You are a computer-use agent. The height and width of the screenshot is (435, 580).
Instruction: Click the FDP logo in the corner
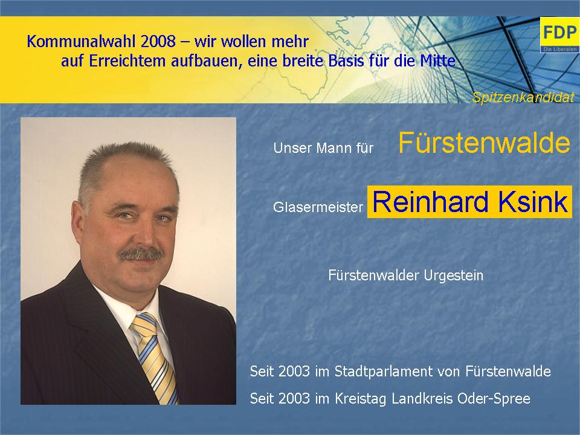[x=559, y=35]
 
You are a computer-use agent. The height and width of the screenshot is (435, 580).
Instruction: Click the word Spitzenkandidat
[x=523, y=97]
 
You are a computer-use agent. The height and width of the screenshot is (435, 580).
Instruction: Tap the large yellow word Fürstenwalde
[x=484, y=143]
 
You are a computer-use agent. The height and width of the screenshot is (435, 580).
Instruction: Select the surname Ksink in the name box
[x=533, y=202]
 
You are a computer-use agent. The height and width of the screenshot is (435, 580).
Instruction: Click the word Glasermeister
[x=318, y=207]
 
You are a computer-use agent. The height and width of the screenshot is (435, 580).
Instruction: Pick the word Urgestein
[x=454, y=275]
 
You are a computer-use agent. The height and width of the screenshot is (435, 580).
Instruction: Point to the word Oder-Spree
[x=494, y=399]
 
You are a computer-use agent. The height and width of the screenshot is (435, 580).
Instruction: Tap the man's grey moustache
[x=140, y=254]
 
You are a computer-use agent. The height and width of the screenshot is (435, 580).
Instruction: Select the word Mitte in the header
[x=437, y=61]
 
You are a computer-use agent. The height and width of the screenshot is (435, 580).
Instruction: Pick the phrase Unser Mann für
[x=323, y=148]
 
